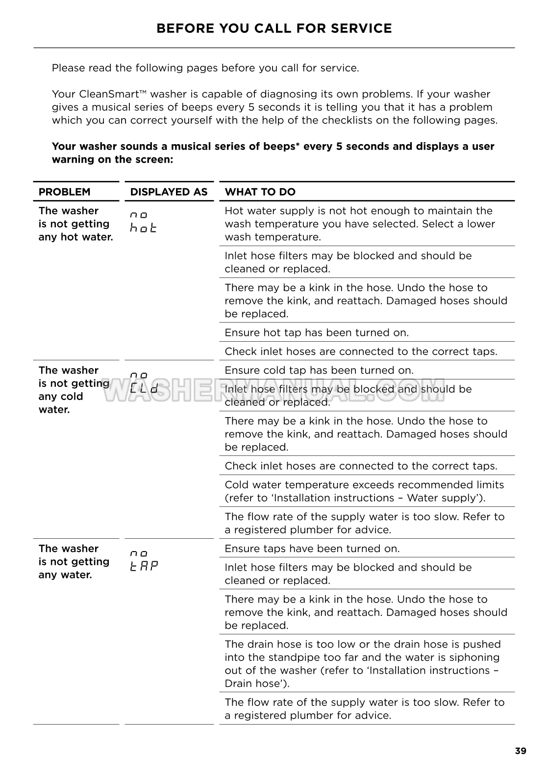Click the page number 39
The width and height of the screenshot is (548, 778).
[521, 751]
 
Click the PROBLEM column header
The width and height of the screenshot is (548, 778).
[64, 192]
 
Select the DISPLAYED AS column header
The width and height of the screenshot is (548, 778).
[169, 192]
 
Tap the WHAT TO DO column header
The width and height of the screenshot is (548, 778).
[260, 192]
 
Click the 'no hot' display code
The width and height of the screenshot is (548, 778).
[143, 222]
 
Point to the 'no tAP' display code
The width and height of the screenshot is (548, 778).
[144, 560]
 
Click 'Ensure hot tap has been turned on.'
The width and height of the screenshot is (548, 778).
[316, 332]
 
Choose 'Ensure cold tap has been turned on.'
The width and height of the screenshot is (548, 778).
[319, 370]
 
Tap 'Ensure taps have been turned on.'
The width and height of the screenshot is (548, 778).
[312, 549]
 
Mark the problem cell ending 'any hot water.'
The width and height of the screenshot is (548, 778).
[75, 224]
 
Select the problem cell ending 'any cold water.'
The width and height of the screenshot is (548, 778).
[74, 390]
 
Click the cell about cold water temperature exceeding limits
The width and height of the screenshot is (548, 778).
[364, 491]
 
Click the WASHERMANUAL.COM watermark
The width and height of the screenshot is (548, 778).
[274, 390]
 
